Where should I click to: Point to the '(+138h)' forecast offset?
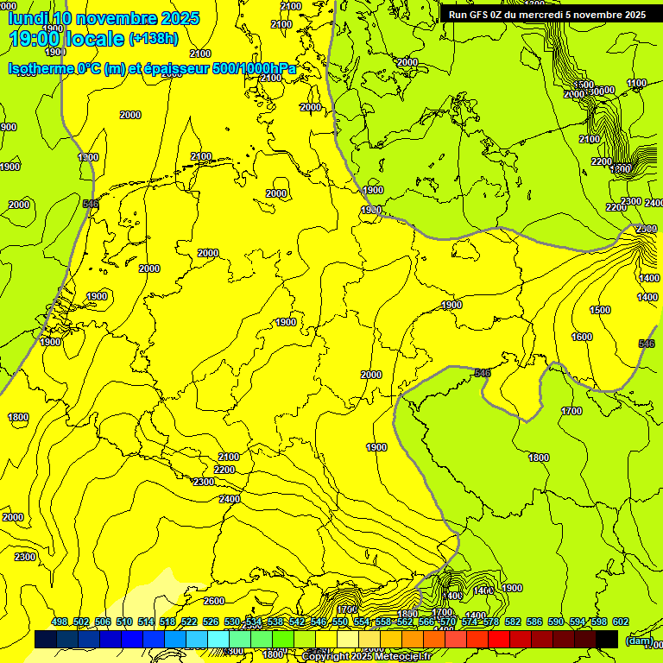[x=153, y=39]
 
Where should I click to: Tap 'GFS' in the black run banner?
[x=489, y=15]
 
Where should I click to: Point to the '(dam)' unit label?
[x=637, y=641]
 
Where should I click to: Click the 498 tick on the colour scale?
[x=60, y=622]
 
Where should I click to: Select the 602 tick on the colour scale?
[x=620, y=622]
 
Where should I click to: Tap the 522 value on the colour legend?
[x=189, y=622]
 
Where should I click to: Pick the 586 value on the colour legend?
[x=534, y=622]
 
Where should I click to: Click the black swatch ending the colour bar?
[x=607, y=640]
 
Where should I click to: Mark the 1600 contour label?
[x=582, y=337]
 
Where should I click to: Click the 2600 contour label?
[x=214, y=601]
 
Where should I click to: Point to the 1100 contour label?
[x=636, y=84]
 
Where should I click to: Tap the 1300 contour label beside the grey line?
[x=88, y=158]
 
